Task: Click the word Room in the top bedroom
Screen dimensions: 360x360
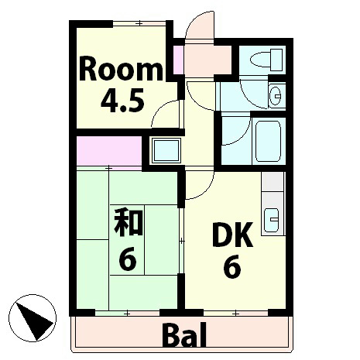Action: [122, 70]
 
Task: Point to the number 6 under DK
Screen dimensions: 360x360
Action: [231, 268]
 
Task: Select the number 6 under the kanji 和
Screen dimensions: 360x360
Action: [128, 259]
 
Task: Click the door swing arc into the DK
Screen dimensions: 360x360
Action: [198, 186]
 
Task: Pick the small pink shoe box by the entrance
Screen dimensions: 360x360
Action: [178, 60]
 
